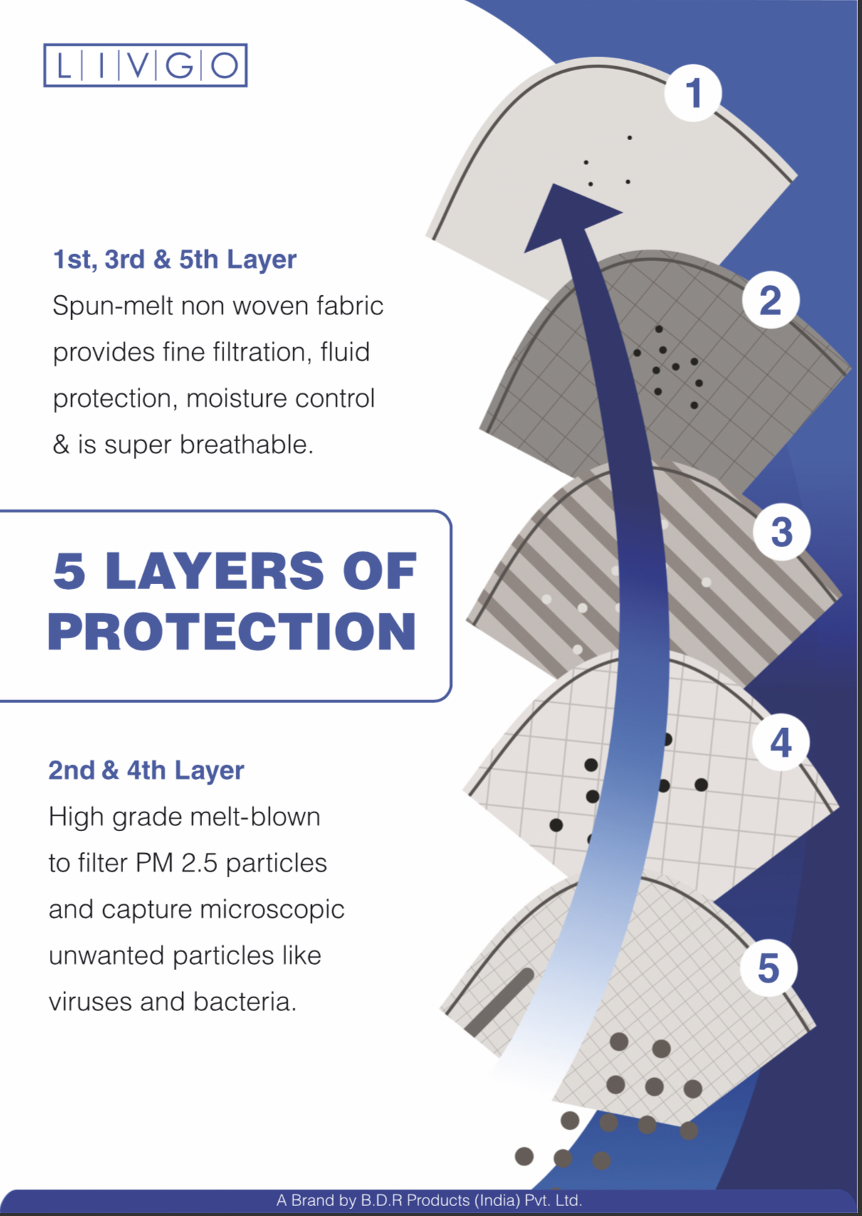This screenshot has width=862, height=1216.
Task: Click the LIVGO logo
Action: tap(145, 65)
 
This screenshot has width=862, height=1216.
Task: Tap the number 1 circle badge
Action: tap(693, 92)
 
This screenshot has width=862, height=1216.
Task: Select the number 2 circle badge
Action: tap(771, 300)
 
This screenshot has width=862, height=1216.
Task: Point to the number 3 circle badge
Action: tap(782, 532)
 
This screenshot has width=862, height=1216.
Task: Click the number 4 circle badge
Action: tap(781, 743)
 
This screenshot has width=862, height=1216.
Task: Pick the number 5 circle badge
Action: tap(769, 968)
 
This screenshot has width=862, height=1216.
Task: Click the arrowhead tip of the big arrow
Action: tap(553, 184)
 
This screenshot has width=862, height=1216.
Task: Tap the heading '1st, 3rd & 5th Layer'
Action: tap(175, 260)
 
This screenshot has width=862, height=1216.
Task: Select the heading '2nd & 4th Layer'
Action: tap(146, 771)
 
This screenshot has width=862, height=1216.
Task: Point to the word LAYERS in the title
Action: tap(214, 571)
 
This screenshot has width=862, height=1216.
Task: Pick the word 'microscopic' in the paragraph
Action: tap(269, 910)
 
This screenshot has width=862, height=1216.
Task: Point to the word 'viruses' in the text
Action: tap(90, 1002)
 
